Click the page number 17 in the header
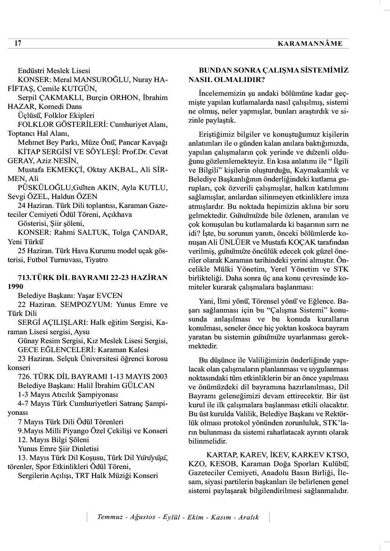point(18,44)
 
